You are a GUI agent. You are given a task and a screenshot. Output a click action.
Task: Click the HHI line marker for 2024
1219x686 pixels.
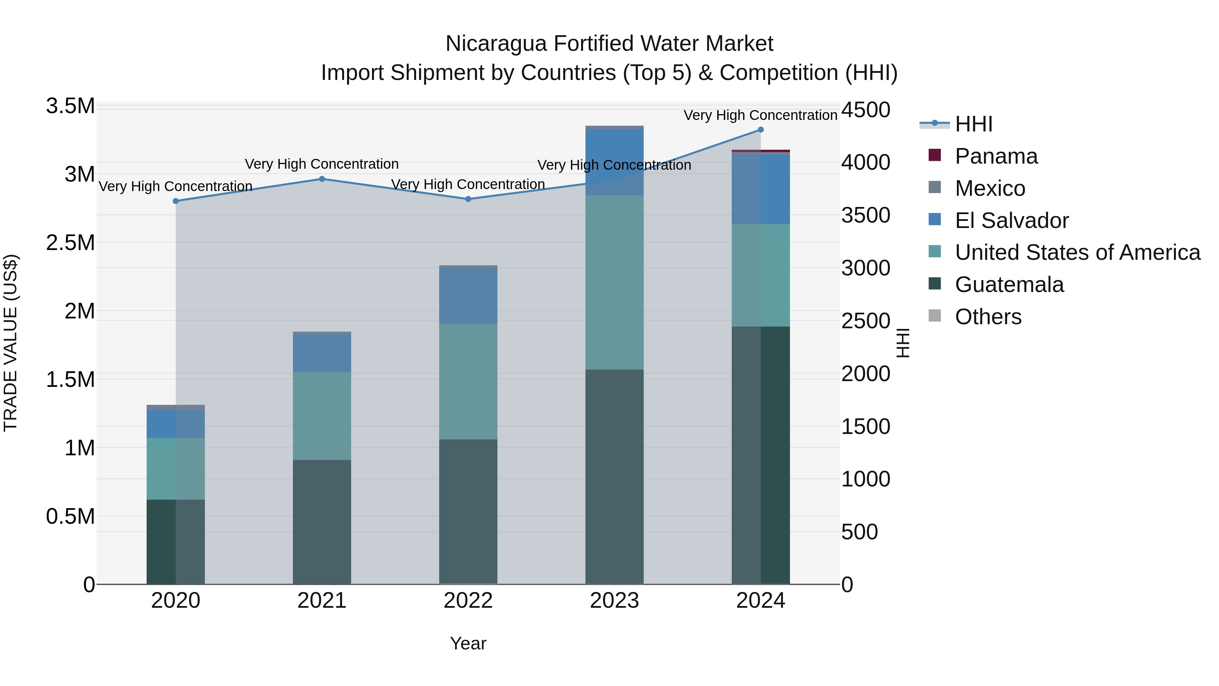[x=761, y=130]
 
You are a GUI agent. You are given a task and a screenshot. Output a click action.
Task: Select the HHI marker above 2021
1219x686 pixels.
[x=322, y=179]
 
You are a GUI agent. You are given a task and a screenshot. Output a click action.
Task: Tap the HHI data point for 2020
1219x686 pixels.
[x=175, y=201]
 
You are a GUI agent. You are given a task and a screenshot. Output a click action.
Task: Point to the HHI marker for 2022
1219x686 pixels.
[x=468, y=199]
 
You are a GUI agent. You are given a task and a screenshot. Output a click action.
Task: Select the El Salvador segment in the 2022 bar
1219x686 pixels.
[x=468, y=296]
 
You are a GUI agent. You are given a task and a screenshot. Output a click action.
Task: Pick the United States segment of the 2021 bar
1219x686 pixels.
[x=322, y=416]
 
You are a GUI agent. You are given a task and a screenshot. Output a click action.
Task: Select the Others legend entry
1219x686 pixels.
[x=988, y=317]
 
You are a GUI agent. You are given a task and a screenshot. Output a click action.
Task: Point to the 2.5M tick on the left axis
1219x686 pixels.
[x=70, y=243]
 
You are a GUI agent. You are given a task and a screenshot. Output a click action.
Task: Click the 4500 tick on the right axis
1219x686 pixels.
[x=865, y=110]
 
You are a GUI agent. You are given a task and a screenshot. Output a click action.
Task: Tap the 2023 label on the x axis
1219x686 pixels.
[x=614, y=601]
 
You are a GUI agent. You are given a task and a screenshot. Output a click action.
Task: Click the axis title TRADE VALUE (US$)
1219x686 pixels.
[x=10, y=343]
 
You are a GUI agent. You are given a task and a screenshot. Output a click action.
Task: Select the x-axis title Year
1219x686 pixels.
[x=468, y=643]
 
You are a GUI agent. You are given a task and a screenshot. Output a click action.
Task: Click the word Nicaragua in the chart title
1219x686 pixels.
[x=496, y=44]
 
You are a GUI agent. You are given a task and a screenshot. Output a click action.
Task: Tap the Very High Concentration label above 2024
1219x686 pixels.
[x=761, y=115]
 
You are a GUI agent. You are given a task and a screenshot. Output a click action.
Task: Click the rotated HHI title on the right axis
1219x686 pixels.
[x=902, y=343]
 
